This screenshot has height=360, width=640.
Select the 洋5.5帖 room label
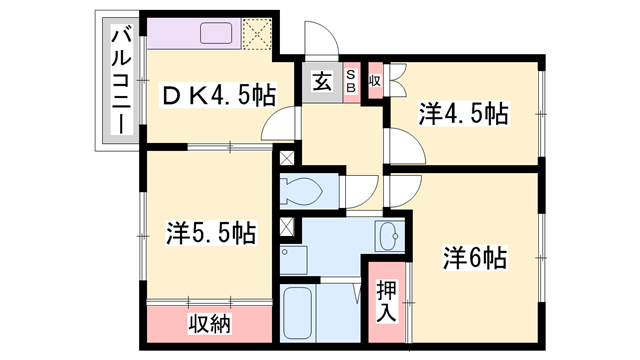tap(210, 234)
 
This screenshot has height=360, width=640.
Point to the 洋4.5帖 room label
tap(463, 114)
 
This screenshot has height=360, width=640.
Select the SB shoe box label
tap(352, 79)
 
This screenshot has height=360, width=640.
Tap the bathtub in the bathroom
tap(299, 315)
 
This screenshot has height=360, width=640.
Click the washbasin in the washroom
tap(389, 238)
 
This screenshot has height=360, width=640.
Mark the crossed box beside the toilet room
tap(288, 158)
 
